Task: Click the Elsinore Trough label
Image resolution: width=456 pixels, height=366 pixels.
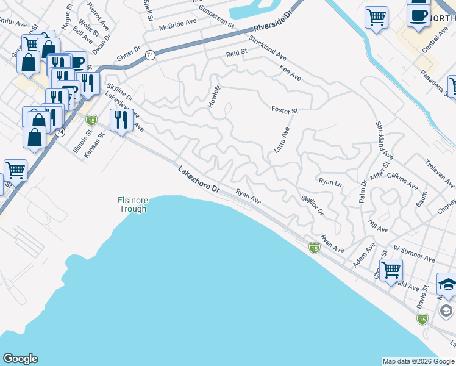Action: [132, 204]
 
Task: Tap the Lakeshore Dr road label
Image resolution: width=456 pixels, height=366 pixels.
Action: [198, 180]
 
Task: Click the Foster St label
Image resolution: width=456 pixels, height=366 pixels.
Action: [285, 110]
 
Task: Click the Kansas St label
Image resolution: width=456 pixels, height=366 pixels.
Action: [95, 144]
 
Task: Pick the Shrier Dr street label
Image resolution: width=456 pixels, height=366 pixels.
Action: [129, 55]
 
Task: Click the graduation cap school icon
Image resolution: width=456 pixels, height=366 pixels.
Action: [447, 284]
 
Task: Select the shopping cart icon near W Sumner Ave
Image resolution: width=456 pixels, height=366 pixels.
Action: [391, 268]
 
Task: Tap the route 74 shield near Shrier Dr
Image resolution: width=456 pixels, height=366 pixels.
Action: [149, 56]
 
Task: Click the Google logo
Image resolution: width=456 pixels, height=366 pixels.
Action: [20, 359]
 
